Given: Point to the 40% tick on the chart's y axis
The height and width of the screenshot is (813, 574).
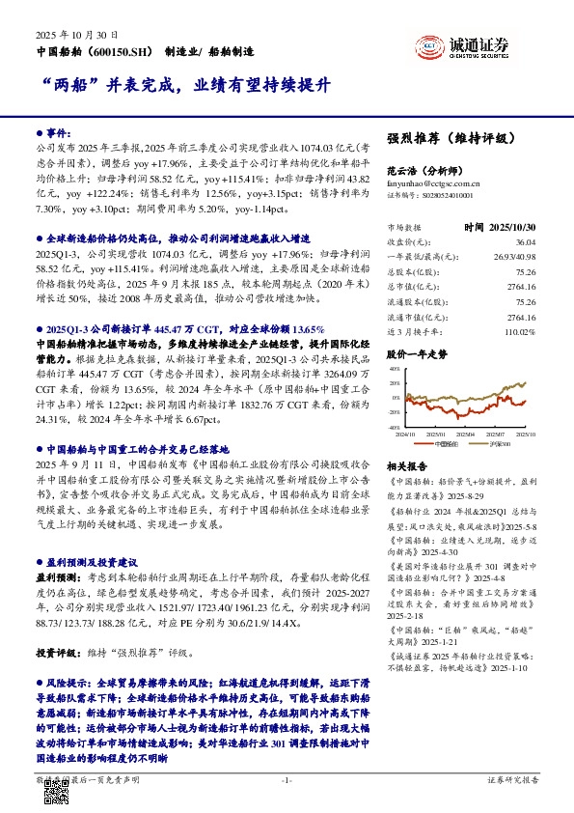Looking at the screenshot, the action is coord(394,369).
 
